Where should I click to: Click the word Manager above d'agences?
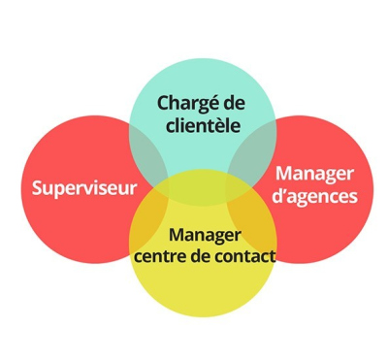click(x=315, y=174)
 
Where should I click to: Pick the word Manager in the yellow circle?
click(x=205, y=236)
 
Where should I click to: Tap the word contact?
click(x=246, y=257)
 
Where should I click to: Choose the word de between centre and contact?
click(x=202, y=257)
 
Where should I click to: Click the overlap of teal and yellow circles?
click(x=202, y=186)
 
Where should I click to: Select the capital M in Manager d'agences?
click(x=284, y=174)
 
